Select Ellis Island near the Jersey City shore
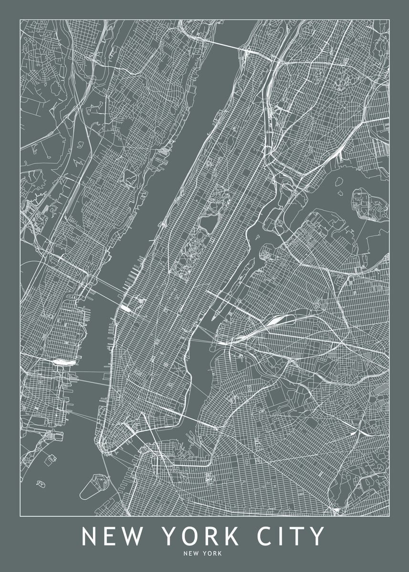[49, 457]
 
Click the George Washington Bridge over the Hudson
[224, 44]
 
